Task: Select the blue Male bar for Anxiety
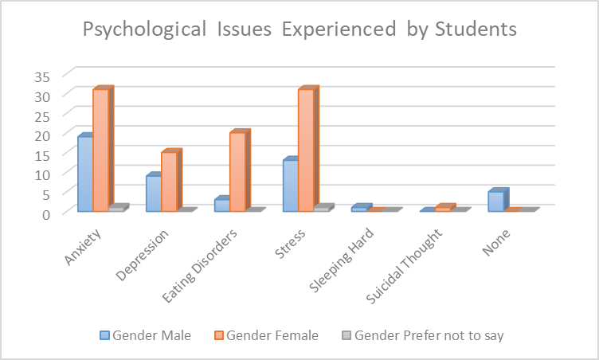84,174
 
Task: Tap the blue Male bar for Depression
153,194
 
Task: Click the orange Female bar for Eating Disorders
237,171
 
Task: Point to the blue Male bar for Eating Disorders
221,205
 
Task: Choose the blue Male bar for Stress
290,186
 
